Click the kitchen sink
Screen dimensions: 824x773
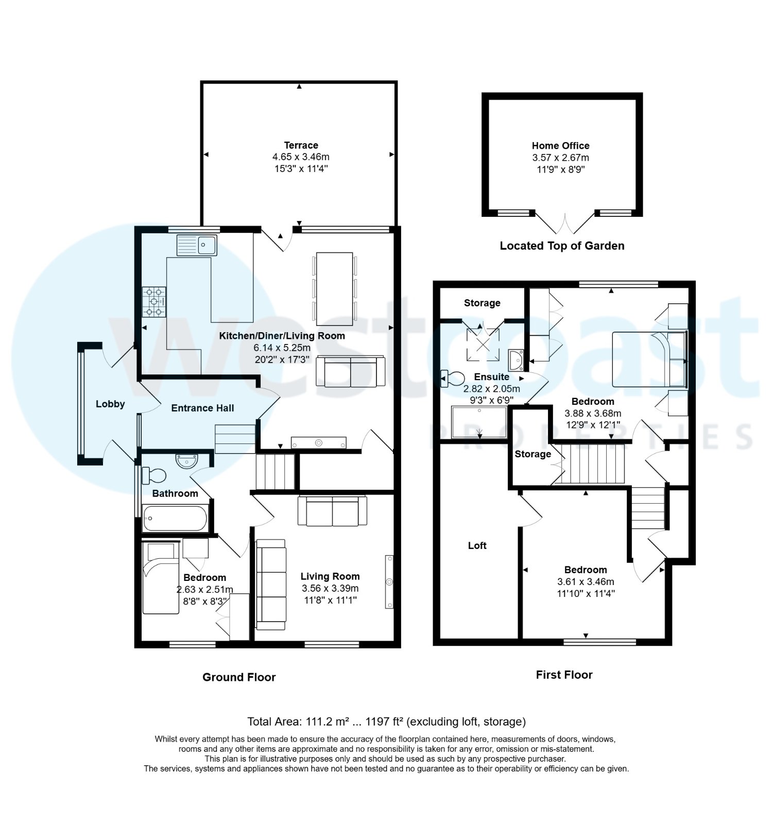pos(197,245)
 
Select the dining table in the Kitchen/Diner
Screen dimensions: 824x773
pos(334,288)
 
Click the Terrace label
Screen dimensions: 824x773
pos(301,145)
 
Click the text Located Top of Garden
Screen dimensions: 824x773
pos(562,246)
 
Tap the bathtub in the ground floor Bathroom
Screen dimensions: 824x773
pos(175,518)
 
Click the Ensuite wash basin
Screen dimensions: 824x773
pos(516,360)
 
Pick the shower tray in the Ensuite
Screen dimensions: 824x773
pos(479,422)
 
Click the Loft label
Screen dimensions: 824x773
pos(477,545)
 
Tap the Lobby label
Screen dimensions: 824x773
pos(110,404)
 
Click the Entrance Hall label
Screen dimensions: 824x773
pos(202,408)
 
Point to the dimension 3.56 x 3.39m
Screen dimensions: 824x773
pos(330,588)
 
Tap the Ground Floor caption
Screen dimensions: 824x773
pos(239,677)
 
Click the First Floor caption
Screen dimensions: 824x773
pos(564,675)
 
